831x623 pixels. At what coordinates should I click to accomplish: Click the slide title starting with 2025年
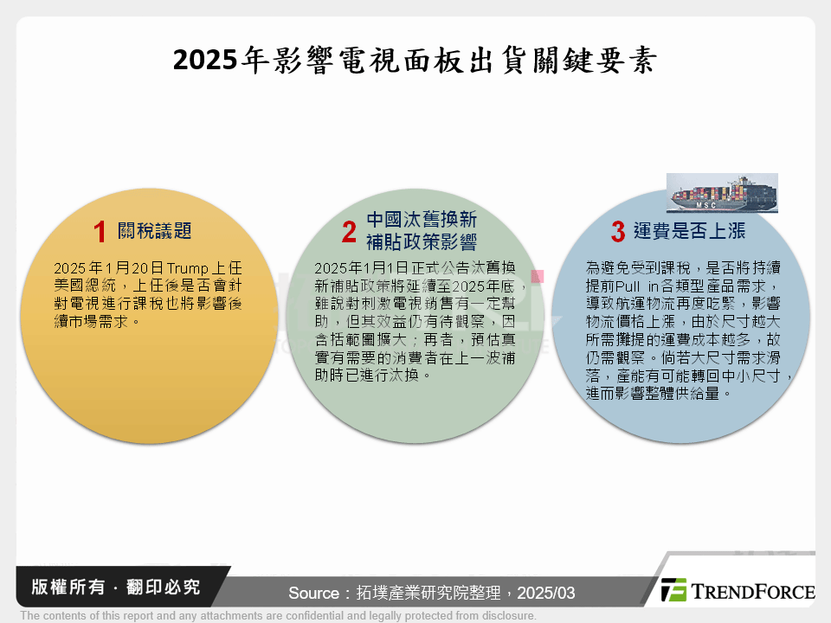415,61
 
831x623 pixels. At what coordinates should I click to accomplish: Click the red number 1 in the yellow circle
100,232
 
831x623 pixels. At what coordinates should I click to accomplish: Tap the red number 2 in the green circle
349,232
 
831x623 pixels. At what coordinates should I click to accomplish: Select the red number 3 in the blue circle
617,232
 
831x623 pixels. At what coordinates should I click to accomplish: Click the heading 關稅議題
156,231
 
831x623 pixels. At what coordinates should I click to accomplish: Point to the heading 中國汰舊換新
421,219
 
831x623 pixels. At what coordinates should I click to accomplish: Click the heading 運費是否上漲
689,232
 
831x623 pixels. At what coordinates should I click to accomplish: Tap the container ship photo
721,193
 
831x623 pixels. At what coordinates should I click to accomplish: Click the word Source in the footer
314,593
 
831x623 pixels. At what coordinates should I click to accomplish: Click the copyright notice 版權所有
65,588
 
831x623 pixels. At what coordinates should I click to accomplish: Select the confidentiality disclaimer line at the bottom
278,615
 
